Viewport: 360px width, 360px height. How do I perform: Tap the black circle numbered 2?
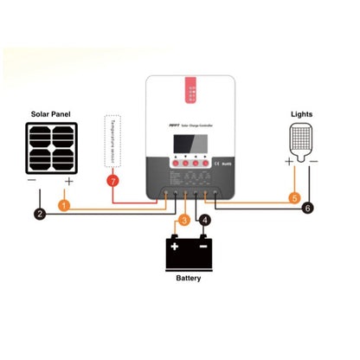pyautogui.click(x=39, y=214)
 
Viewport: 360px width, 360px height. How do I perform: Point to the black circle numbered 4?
pyautogui.click(x=204, y=221)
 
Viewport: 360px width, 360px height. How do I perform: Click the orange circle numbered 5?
pyautogui.click(x=294, y=198)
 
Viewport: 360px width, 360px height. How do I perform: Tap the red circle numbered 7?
pyautogui.click(x=111, y=181)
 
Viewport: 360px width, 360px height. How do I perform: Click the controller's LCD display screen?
pyautogui.click(x=186, y=140)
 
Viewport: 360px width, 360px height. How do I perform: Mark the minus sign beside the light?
pyautogui.click(x=313, y=161)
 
